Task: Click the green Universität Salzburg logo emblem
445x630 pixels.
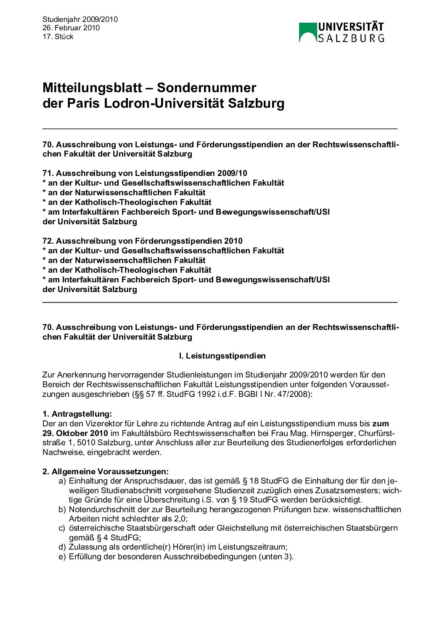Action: (307, 32)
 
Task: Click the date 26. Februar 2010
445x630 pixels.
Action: (71, 28)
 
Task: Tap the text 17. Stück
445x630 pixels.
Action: (58, 37)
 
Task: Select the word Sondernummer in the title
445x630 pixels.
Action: (207, 88)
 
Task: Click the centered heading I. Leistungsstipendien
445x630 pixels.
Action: (222, 356)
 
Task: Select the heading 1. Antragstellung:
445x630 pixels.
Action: (77, 414)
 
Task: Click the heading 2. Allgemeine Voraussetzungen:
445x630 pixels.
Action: (106, 471)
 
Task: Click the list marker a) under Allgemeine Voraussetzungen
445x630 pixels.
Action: (62, 481)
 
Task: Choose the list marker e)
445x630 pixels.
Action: (62, 556)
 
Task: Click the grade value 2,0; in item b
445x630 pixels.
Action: (181, 518)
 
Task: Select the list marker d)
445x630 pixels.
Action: (62, 547)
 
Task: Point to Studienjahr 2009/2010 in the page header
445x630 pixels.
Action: (80, 19)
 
